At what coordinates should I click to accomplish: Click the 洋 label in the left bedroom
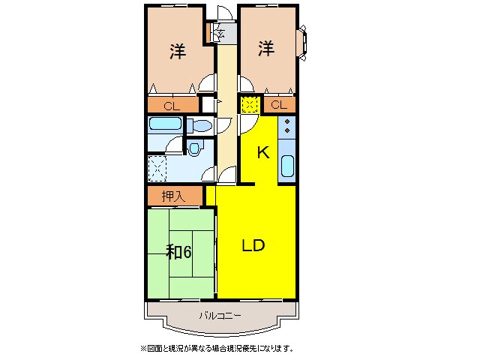pyautogui.click(x=177, y=52)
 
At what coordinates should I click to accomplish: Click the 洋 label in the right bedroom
pyautogui.click(x=267, y=49)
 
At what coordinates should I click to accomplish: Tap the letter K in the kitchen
pyautogui.click(x=262, y=152)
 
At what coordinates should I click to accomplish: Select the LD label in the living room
pyautogui.click(x=253, y=245)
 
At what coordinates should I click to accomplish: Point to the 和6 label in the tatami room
pyautogui.click(x=179, y=252)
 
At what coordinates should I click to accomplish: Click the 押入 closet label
pyautogui.click(x=173, y=196)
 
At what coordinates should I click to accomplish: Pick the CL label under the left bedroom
pyautogui.click(x=171, y=106)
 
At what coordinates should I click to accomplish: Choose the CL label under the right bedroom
pyautogui.click(x=278, y=105)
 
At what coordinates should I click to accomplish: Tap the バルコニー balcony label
pyautogui.click(x=220, y=316)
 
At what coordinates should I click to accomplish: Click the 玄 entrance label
pyautogui.click(x=222, y=32)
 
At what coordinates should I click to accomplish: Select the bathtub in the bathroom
pyautogui.click(x=165, y=124)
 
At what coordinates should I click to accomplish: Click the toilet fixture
pyautogui.click(x=198, y=125)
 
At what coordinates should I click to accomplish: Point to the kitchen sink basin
pyautogui.click(x=287, y=165)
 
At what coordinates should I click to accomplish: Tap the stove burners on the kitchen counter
pyautogui.click(x=287, y=127)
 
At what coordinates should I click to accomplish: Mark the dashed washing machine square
pyautogui.click(x=157, y=168)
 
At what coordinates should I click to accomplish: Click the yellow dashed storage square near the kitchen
pyautogui.click(x=250, y=105)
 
